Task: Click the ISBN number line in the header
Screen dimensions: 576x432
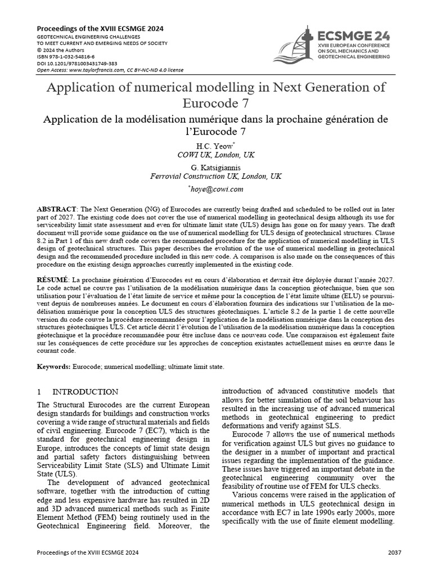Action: point(66,57)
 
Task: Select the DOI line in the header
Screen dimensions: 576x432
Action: point(77,64)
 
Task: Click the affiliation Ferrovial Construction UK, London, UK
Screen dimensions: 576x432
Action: point(216,176)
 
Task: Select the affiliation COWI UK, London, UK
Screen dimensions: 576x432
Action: point(216,154)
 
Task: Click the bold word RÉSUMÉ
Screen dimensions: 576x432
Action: point(53,280)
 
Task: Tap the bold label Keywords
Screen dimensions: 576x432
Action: point(53,366)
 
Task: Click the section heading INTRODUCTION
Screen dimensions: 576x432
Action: point(85,391)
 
